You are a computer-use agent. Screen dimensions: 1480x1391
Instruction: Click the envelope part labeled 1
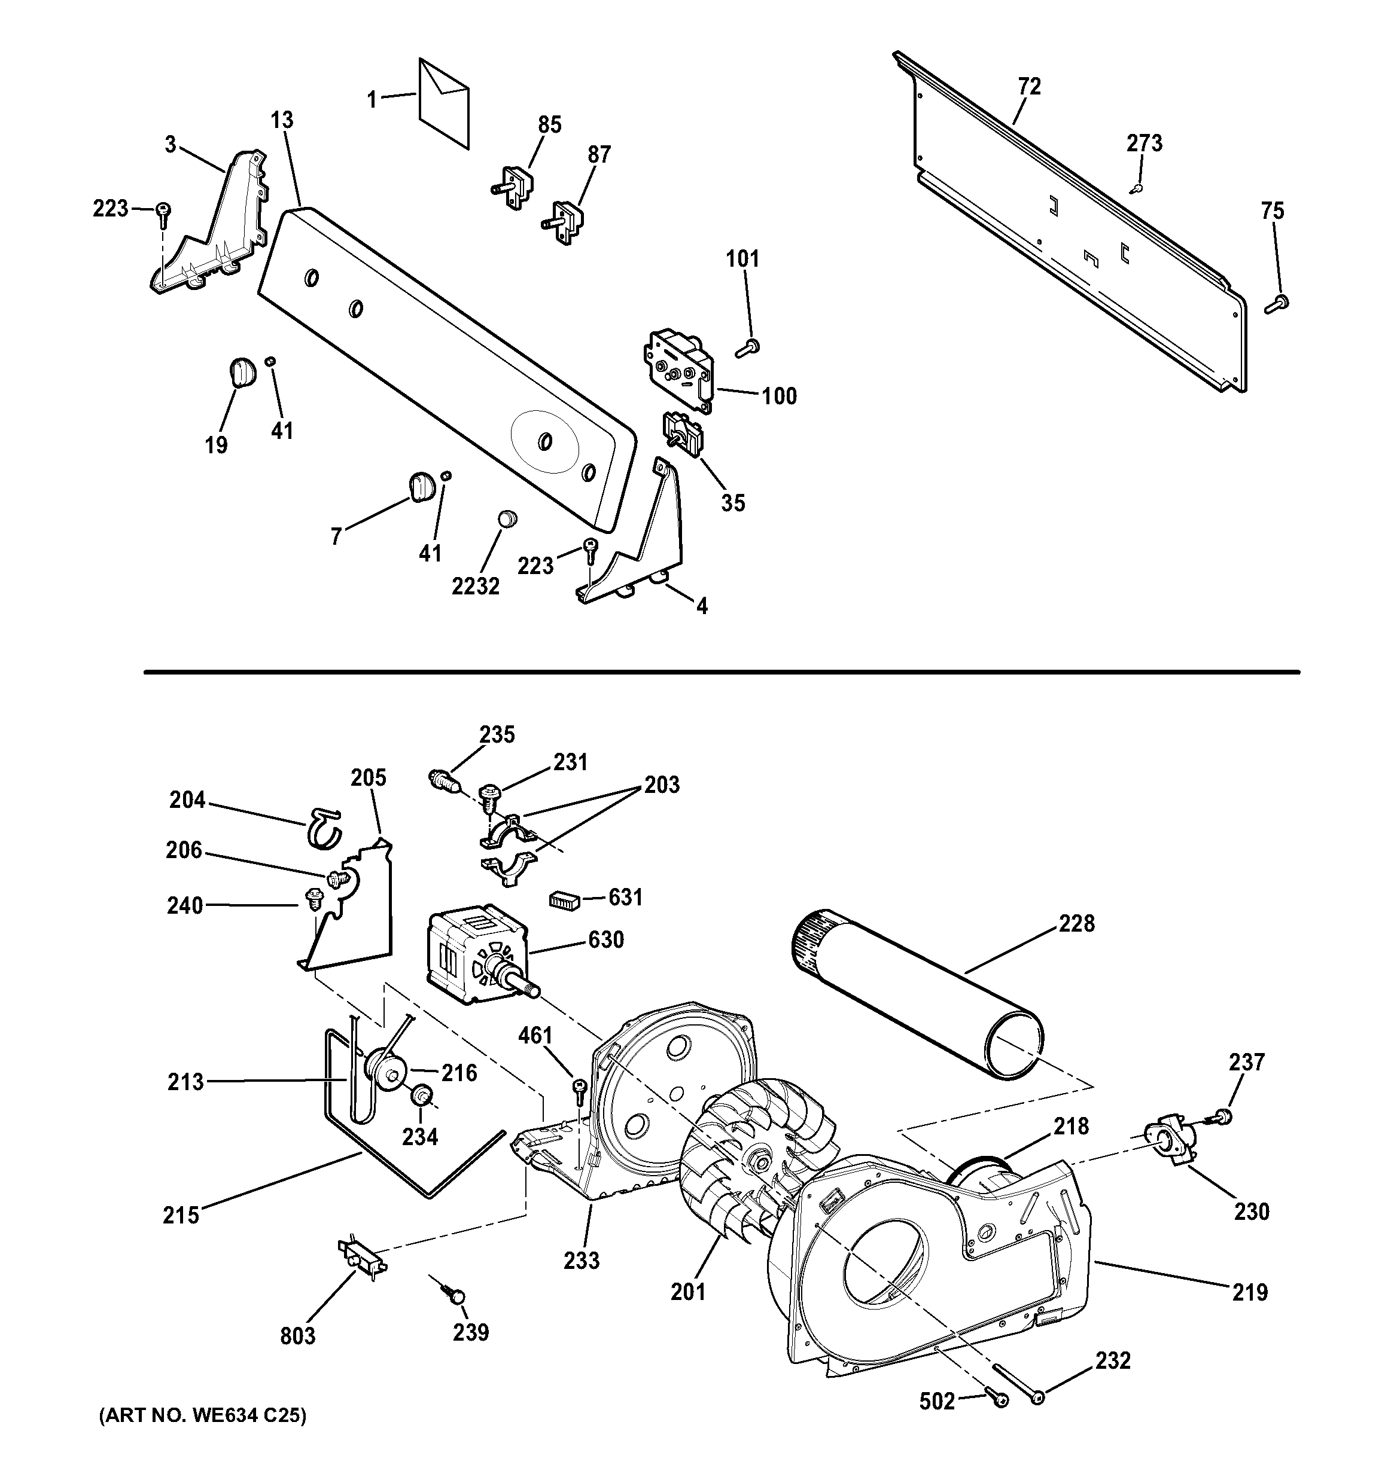[x=445, y=104]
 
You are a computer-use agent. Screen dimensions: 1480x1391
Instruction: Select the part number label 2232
[x=475, y=587]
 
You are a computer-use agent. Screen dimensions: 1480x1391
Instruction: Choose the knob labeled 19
[x=240, y=371]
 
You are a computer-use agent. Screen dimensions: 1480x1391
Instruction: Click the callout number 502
[x=937, y=1402]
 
